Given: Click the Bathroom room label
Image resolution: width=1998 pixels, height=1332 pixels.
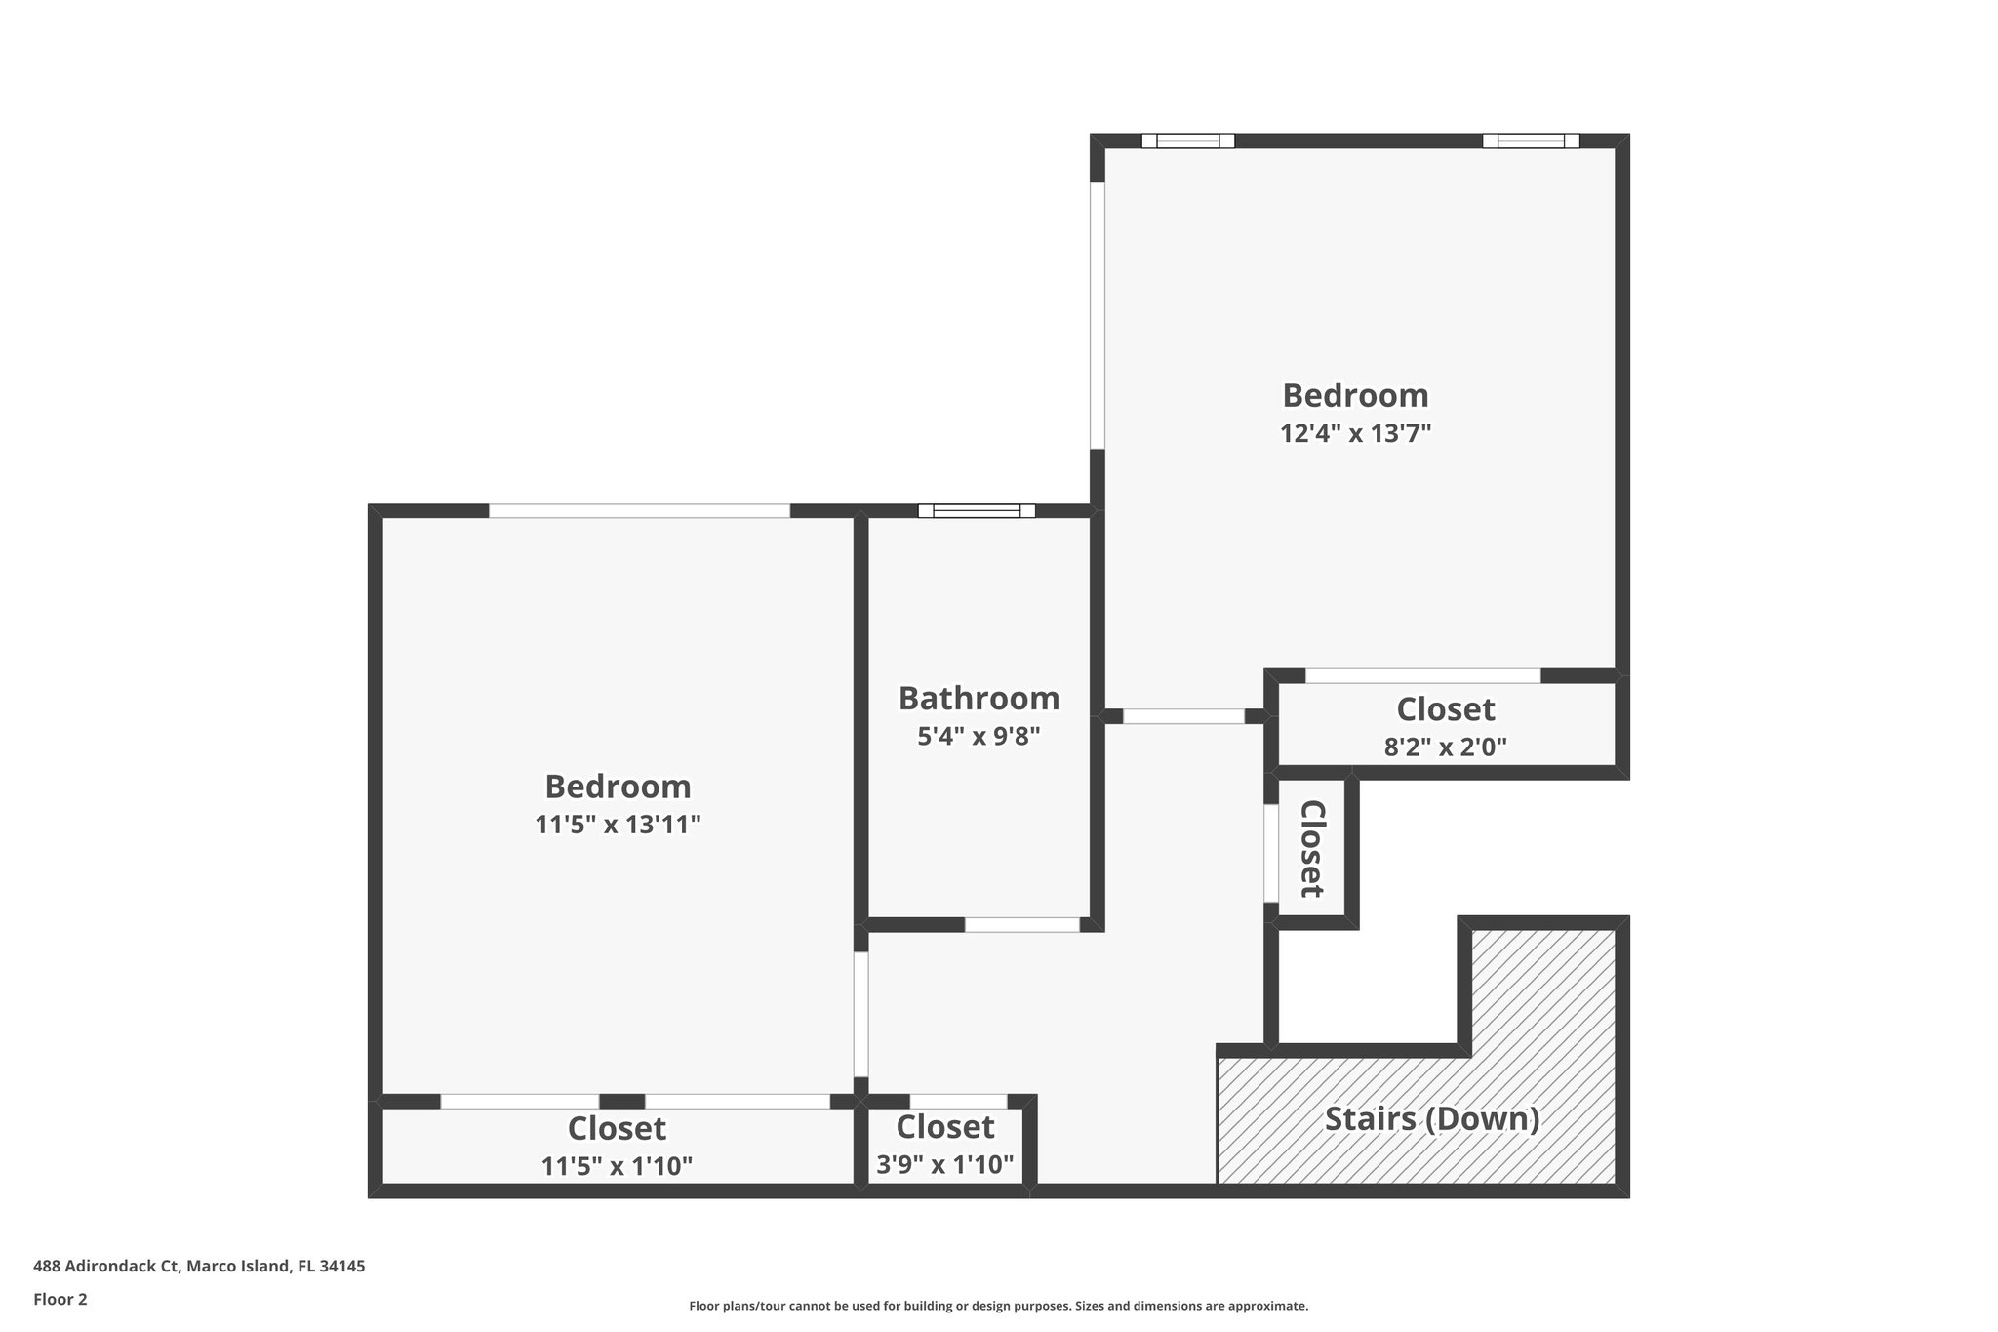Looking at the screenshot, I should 979,699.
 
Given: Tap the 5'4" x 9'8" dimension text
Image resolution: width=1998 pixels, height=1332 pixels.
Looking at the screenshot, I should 979,736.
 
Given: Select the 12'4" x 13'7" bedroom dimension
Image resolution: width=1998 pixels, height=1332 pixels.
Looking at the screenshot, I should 1355,433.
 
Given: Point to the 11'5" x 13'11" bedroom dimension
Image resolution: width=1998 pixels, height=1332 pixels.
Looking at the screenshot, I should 618,825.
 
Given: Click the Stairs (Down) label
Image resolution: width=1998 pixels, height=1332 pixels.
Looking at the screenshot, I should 1431,1118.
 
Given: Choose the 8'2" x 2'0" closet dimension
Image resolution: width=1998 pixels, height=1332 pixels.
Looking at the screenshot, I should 1445,747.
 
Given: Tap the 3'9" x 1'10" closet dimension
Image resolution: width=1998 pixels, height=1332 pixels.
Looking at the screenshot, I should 944,1164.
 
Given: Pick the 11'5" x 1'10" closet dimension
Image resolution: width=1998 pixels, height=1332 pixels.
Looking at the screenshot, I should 617,1165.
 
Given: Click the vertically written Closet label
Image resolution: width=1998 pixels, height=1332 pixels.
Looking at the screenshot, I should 1312,849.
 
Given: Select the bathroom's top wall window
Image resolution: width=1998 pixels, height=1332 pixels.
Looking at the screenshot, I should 976,510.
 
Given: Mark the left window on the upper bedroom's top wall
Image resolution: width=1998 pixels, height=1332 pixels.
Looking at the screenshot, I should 1187,141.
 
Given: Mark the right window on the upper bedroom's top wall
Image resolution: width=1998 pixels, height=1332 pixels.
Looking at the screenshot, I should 1530,141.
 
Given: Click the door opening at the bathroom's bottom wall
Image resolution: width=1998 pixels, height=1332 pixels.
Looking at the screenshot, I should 1021,924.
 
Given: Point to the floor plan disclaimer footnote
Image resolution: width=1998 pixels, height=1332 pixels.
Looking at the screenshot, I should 998,1306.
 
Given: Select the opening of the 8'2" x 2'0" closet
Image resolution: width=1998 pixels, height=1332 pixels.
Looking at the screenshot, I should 1422,675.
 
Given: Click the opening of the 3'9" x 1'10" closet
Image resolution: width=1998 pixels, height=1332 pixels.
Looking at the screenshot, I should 957,1102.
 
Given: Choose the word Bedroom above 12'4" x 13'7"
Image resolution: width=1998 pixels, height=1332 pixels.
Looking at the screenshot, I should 1355,395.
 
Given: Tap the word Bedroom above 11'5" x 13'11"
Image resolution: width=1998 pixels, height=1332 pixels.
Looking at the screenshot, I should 618,787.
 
